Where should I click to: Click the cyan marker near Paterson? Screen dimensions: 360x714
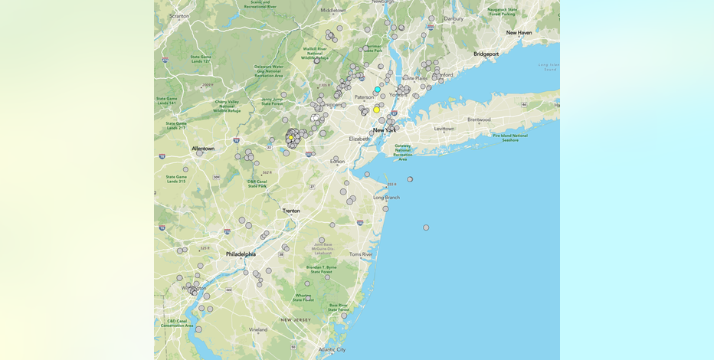click(377, 90)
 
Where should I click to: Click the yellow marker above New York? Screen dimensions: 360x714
click(376, 110)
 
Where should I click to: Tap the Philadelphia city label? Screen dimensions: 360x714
click(241, 254)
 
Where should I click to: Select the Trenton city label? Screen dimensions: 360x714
click(291, 211)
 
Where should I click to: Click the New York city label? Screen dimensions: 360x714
click(385, 130)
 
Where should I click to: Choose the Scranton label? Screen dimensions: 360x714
click(179, 15)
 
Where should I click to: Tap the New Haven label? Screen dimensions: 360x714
click(519, 33)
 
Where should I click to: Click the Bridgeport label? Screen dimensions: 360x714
click(486, 54)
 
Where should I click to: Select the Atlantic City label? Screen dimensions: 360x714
click(332, 349)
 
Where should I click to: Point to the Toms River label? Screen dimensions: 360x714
click(360, 254)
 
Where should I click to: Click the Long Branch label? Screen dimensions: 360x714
click(387, 198)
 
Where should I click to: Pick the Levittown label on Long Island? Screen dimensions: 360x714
click(444, 129)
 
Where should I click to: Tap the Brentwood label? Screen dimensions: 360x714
click(479, 119)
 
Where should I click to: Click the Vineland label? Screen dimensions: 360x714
click(258, 329)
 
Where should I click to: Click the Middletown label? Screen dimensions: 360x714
click(333, 10)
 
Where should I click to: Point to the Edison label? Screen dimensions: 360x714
click(337, 162)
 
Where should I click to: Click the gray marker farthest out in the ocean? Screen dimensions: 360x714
click(426, 227)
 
